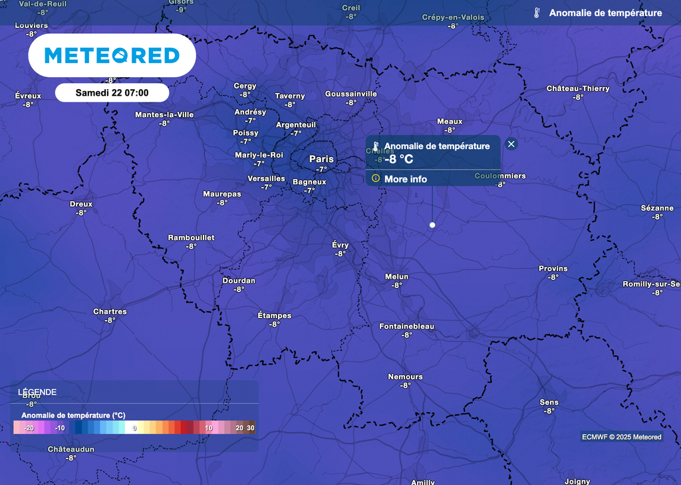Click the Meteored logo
pos(112,55)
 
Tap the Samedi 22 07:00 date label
pos(112,92)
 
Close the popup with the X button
pos(511,144)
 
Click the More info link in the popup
pos(405,179)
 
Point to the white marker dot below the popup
pos(432,225)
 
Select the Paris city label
pos(321,159)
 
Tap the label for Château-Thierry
pos(578,88)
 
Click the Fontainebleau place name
pos(406,326)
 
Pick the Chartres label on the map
pos(110,311)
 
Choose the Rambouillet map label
pos(191,238)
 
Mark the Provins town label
pos(553,269)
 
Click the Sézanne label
pos(657,208)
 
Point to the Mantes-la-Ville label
pos(164,114)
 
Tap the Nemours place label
pos(405,377)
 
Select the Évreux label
pos(28,96)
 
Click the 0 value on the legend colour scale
pos(134,428)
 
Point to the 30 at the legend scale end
pos(250,428)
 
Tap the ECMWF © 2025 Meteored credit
pos(621,437)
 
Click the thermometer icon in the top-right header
pos(537,13)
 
